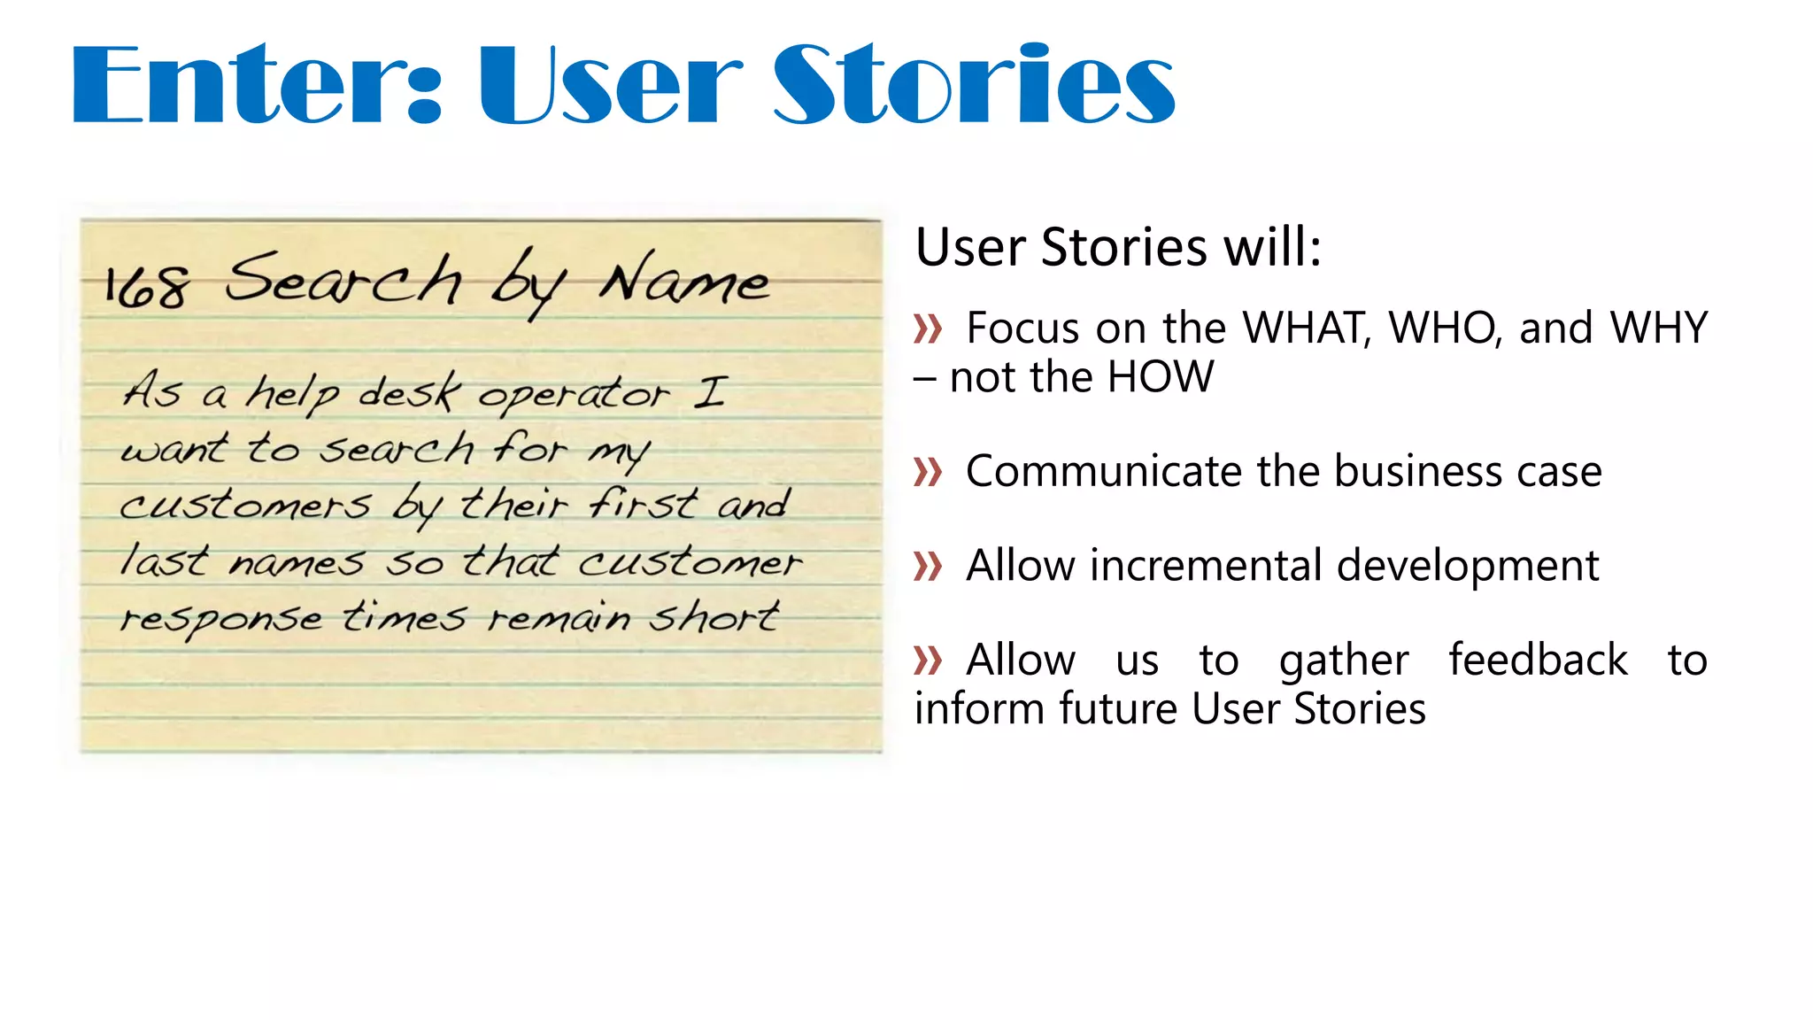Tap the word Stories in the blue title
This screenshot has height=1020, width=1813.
tap(974, 86)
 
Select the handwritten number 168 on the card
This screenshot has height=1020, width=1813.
tap(146, 287)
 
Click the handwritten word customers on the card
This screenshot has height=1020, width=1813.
tap(245, 506)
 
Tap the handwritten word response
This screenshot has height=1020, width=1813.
tap(221, 619)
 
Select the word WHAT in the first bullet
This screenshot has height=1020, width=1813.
tap(1307, 328)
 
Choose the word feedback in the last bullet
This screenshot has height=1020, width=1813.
tap(1538, 661)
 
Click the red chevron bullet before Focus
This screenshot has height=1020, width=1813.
tap(928, 329)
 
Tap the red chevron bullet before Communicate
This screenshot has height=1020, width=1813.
tap(928, 472)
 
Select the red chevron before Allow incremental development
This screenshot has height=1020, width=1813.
tap(928, 567)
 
